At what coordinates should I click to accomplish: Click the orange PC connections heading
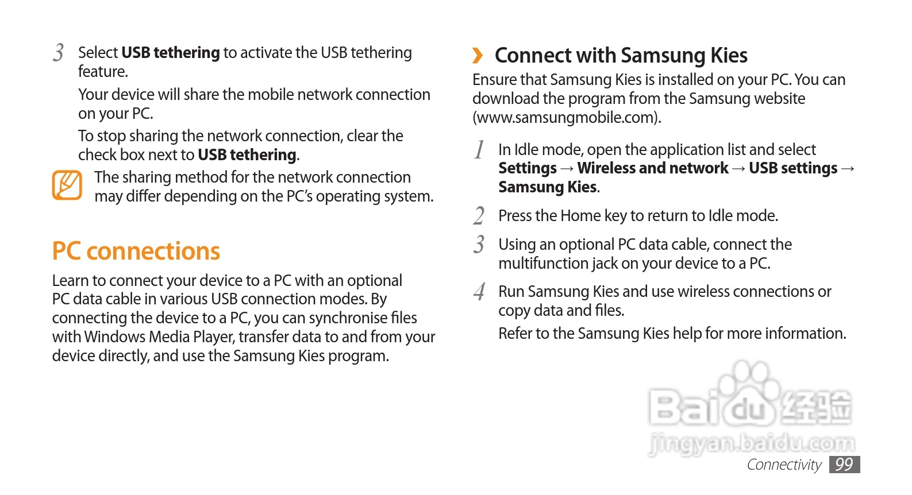point(136,252)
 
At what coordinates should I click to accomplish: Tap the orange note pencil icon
point(67,185)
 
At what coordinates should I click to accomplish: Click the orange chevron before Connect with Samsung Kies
point(478,56)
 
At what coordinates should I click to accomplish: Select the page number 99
point(844,465)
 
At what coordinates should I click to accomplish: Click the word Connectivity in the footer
point(784,465)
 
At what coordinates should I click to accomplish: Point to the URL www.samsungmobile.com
point(566,118)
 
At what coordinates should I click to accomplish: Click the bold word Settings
point(528,168)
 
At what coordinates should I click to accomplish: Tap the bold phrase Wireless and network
point(653,168)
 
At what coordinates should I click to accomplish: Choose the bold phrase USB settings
point(793,168)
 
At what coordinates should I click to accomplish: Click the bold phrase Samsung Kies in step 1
point(548,187)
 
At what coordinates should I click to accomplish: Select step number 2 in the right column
point(479,216)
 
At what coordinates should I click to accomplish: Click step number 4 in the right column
point(479,292)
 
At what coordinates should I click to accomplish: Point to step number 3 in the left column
point(58,53)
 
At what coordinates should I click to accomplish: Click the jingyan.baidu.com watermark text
point(752,443)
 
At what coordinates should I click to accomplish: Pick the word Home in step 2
point(580,216)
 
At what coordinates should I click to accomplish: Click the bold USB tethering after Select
point(171,53)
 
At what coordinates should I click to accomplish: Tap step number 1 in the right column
point(479,150)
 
